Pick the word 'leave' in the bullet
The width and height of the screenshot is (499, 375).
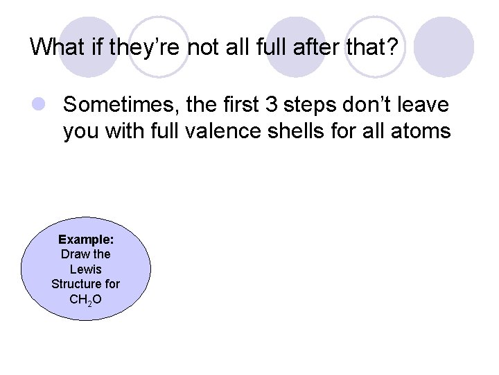coord(423,106)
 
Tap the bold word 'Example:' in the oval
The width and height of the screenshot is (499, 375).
coord(86,239)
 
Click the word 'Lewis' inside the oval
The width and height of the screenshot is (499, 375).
coord(86,269)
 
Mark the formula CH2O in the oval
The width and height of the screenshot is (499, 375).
coord(86,299)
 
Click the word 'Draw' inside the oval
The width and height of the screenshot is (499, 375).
coord(75,253)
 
